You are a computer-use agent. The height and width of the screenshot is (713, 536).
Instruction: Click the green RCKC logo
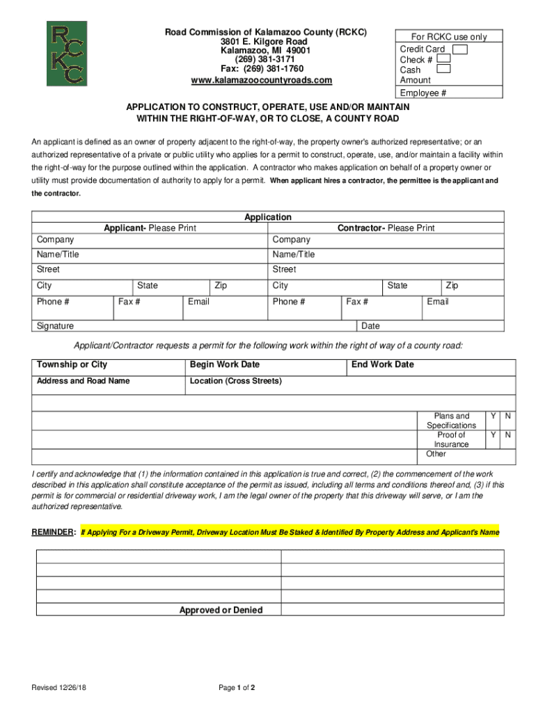coord(67,54)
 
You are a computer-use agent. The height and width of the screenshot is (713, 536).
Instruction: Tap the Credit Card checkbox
coord(459,49)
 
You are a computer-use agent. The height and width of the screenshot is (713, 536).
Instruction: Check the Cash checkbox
coord(443,69)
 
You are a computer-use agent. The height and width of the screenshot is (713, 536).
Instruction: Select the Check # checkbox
coord(443,59)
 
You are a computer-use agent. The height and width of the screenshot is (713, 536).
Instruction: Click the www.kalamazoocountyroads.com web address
coord(262,80)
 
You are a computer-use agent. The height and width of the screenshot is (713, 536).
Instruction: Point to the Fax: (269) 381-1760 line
coord(262,69)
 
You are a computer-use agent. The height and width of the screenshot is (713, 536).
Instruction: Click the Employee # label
coord(423,93)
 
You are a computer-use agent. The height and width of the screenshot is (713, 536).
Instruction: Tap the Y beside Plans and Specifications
coord(493,416)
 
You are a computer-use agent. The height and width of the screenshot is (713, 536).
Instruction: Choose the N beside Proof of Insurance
coord(508,435)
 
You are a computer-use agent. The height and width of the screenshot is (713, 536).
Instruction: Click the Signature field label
coord(55,326)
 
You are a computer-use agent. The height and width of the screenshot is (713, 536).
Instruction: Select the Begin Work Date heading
coord(224,365)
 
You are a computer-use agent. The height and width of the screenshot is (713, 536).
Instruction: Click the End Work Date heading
coord(382,365)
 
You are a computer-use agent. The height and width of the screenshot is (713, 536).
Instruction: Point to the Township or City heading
coord(72,365)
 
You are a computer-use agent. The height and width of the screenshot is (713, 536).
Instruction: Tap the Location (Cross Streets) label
coord(235,381)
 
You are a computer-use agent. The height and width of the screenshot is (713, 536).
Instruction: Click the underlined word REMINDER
coord(53,532)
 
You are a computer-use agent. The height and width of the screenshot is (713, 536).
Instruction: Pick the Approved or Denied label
coord(221,610)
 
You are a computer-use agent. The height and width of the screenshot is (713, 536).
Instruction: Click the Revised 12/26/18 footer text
coord(63,688)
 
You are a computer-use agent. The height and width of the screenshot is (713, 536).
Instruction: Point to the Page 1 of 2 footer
coord(237,688)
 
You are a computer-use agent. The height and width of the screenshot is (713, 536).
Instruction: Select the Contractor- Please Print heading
coord(386,228)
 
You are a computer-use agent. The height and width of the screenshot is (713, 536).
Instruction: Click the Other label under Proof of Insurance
coord(436,454)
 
